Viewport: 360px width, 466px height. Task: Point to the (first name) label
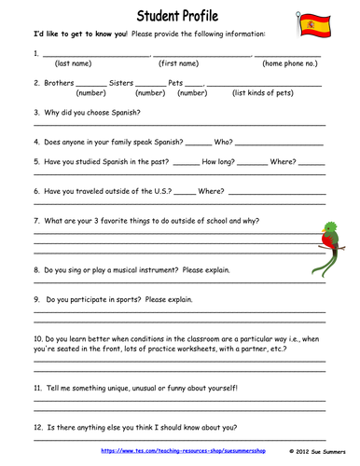(178, 63)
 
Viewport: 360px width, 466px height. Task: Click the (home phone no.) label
(290, 63)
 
